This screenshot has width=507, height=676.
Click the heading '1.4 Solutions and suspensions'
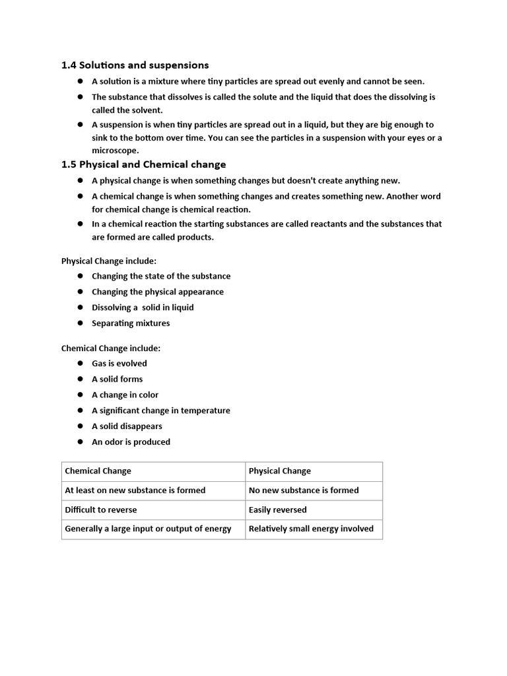(x=135, y=65)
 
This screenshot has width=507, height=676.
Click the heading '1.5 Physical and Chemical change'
(x=143, y=164)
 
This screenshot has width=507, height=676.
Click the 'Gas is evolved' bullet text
(x=119, y=364)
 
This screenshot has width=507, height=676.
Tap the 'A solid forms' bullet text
(x=117, y=380)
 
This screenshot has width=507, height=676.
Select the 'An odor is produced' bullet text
(x=131, y=442)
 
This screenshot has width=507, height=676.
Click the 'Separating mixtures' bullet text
(x=131, y=323)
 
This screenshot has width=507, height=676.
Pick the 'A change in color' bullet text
(x=125, y=395)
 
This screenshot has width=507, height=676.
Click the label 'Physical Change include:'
(x=109, y=261)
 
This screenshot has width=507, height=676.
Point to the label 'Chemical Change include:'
(x=111, y=348)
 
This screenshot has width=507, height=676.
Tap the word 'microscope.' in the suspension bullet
(x=116, y=151)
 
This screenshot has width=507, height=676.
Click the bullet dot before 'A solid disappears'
(x=80, y=426)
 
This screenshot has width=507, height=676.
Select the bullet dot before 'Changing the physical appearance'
(x=80, y=292)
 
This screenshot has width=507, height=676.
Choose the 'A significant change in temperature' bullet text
(x=161, y=411)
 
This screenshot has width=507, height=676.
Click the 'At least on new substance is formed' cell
(x=135, y=490)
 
